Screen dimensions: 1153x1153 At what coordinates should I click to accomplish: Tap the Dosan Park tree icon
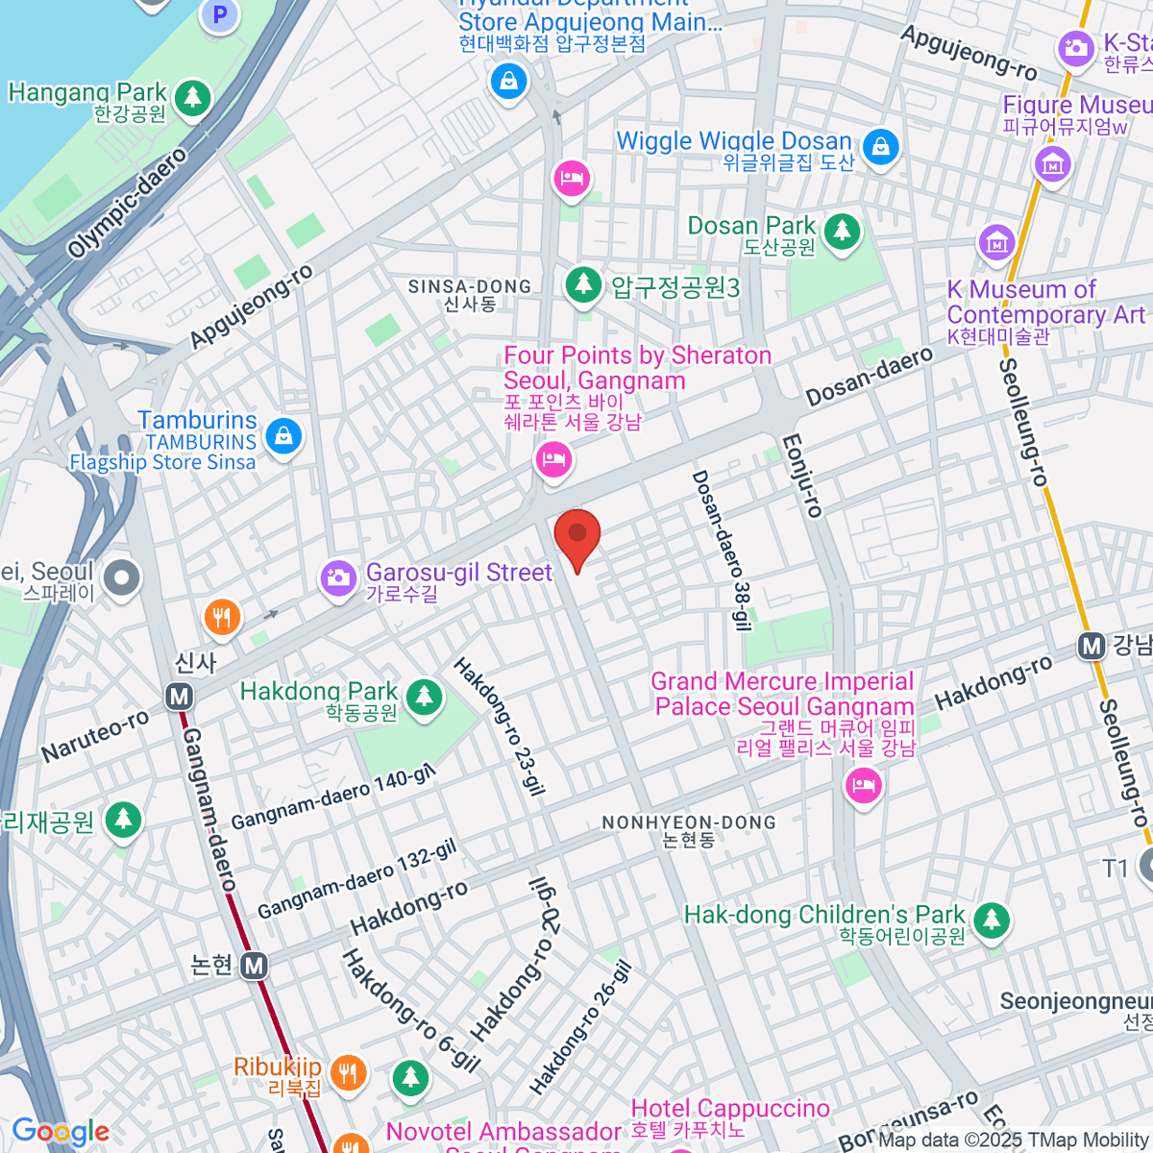pos(843,232)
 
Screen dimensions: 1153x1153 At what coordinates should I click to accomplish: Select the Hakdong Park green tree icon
pos(424,698)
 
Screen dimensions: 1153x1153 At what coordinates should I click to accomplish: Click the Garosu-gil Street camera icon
pos(338,577)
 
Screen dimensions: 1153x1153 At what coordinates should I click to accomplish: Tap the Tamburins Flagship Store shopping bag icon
pos(283,437)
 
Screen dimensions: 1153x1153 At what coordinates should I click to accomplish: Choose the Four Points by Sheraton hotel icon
pos(553,460)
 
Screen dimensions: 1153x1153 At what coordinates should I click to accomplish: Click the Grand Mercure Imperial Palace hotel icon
pos(863,787)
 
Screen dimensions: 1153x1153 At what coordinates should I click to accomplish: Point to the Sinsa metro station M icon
pos(179,697)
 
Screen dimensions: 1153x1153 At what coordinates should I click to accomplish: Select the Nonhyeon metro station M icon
pos(254,966)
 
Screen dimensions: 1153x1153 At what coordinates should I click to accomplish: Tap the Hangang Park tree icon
pos(193,97)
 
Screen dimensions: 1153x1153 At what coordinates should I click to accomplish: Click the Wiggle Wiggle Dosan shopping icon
pos(880,147)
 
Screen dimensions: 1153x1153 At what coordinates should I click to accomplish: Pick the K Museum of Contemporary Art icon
pos(996,243)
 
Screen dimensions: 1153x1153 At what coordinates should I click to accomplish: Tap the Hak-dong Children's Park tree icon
pos(992,921)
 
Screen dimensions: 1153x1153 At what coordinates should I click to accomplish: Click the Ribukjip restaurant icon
pos(348,1072)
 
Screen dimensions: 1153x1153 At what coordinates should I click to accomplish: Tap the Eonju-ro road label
pos(802,476)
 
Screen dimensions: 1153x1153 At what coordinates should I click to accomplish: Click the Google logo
pos(61,1132)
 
